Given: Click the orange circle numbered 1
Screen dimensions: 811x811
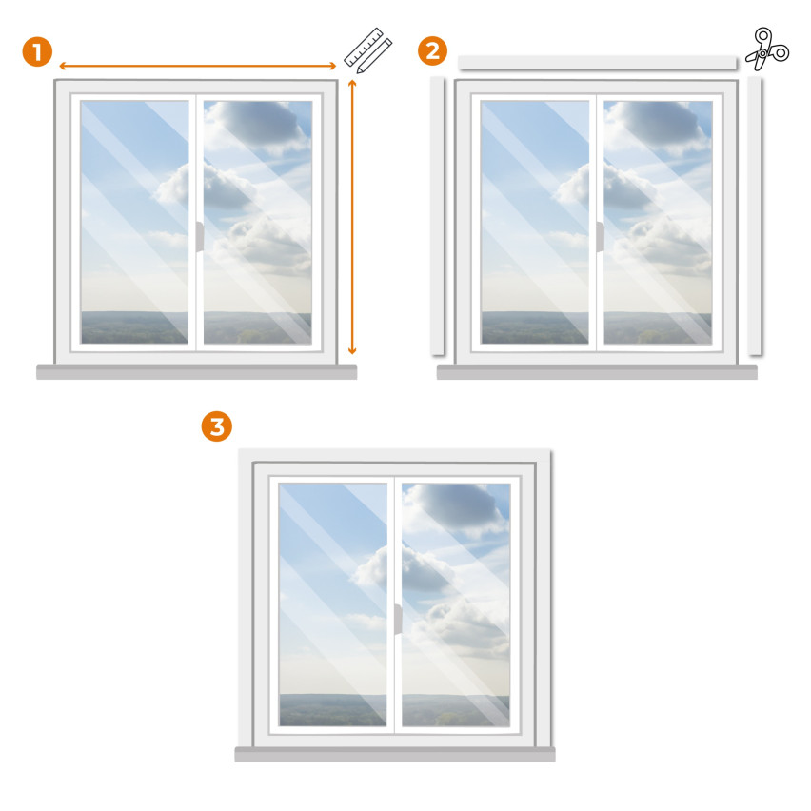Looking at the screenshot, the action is coord(37,51).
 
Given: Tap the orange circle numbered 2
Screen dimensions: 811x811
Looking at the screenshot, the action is coord(432,50).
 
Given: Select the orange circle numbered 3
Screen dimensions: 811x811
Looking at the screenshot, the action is coord(217,426).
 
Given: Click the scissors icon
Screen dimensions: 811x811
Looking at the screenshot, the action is coord(767,49).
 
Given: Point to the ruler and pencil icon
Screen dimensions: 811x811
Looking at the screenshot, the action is coord(368,50).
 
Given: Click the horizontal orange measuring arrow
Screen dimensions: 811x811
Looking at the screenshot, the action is coord(198,66).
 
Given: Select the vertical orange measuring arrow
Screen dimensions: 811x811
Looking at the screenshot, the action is coord(352,217).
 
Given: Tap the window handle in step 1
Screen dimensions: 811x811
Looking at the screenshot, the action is coord(200,237).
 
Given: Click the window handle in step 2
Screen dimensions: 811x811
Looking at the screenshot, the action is coord(600,237).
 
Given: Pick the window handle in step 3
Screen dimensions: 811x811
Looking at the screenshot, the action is coord(398,619).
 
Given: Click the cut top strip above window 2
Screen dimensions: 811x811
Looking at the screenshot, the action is coord(598,63).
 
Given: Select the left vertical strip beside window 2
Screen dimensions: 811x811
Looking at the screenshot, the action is coord(438,216).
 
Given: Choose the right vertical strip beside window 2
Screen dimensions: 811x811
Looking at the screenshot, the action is coord(755,216).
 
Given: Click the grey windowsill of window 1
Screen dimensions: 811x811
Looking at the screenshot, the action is coord(196,372).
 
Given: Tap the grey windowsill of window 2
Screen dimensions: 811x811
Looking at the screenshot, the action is coord(597,372).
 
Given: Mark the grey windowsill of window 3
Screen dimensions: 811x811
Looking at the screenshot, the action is coord(395,754).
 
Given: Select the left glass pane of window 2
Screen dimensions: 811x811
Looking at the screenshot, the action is coord(535,222).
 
